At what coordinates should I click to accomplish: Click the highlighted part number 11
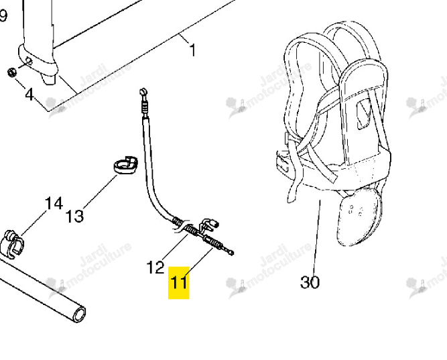click(x=179, y=282)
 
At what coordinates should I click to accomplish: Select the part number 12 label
click(x=155, y=267)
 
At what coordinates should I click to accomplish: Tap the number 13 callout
click(x=74, y=216)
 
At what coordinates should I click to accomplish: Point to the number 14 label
click(x=54, y=204)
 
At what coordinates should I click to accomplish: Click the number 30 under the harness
click(x=310, y=282)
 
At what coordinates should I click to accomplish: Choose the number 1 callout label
click(x=193, y=50)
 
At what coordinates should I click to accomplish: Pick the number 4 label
click(x=29, y=94)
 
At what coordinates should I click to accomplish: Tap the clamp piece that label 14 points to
click(x=13, y=244)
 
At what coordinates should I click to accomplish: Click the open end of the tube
click(x=79, y=314)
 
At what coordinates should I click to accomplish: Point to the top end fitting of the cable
click(x=143, y=92)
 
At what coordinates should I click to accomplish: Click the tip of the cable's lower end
click(x=232, y=253)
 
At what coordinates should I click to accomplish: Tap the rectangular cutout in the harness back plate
click(x=364, y=114)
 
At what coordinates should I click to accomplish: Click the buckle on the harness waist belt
click(x=282, y=163)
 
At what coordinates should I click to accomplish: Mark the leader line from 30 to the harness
click(x=317, y=237)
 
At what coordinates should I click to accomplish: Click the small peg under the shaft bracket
click(x=48, y=78)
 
